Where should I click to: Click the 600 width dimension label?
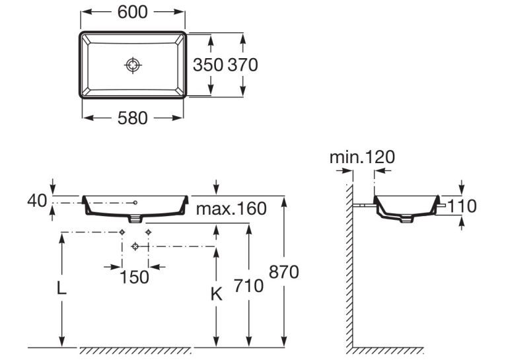pyautogui.click(x=132, y=13)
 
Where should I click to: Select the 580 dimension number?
pyautogui.click(x=132, y=118)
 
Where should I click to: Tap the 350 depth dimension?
pyautogui.click(x=208, y=65)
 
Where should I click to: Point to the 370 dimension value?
pyautogui.click(x=242, y=65)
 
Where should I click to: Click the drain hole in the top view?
pyautogui.click(x=133, y=65)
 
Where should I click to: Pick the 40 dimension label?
pyautogui.click(x=37, y=201)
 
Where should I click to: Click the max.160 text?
pyautogui.click(x=231, y=208)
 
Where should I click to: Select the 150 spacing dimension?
pyautogui.click(x=135, y=277)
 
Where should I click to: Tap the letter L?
pyautogui.click(x=61, y=288)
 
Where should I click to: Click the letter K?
pyautogui.click(x=217, y=294)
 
